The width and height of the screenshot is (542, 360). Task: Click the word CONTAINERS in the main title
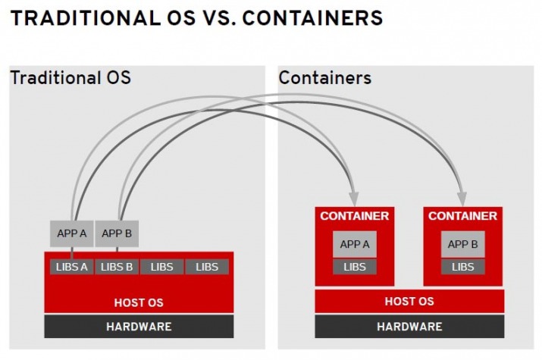[312, 18]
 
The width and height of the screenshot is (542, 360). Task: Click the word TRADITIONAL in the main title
[86, 18]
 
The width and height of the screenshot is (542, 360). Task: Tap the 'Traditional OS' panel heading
[70, 77]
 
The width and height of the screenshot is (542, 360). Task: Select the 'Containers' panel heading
[325, 77]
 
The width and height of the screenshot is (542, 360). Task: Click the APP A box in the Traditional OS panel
[71, 233]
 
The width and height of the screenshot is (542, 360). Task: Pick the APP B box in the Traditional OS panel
[117, 233]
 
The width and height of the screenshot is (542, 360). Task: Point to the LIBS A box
[71, 267]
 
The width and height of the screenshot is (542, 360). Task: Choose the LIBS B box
[117, 267]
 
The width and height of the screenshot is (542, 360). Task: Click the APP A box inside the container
[355, 244]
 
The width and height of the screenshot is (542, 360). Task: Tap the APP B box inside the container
[463, 244]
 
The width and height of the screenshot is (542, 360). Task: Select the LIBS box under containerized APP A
[355, 267]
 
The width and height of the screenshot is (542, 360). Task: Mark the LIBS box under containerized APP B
[463, 267]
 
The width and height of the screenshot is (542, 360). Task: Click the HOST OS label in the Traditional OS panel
[139, 302]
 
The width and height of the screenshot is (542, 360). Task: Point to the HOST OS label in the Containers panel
[409, 302]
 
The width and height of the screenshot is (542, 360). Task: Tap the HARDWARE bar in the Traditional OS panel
[139, 326]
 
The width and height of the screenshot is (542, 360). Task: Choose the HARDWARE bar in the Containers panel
[409, 326]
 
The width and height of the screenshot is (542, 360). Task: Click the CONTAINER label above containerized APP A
[355, 216]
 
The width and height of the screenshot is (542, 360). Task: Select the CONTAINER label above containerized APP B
[463, 216]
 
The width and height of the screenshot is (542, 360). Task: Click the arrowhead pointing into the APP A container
[353, 199]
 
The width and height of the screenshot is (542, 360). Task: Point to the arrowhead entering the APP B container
[462, 199]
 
